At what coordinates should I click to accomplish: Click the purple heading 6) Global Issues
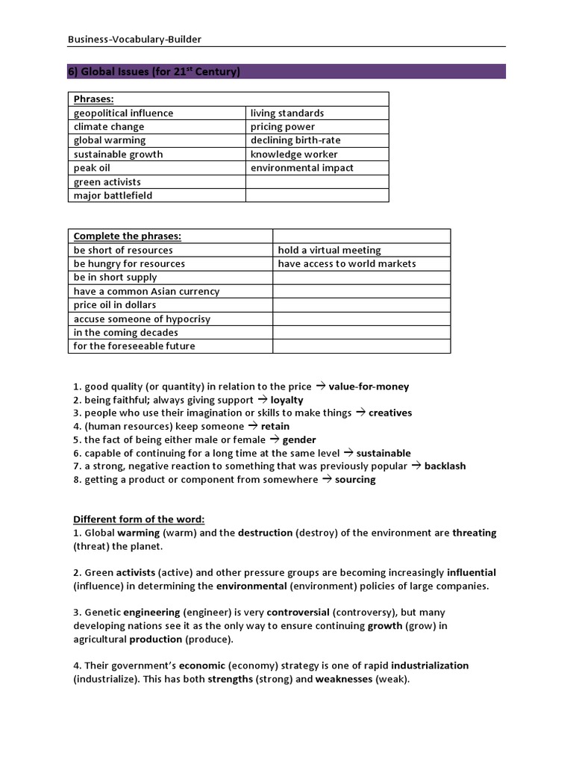pyautogui.click(x=154, y=72)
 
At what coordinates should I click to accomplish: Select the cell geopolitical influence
pyautogui.click(x=123, y=113)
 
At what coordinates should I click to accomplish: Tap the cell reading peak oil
pyautogui.click(x=92, y=168)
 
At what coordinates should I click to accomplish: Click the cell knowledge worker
pyautogui.click(x=294, y=154)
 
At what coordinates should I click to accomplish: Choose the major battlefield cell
pyautogui.click(x=113, y=195)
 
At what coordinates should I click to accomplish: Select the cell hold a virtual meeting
pyautogui.click(x=329, y=250)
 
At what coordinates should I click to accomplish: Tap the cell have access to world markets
pyautogui.click(x=347, y=263)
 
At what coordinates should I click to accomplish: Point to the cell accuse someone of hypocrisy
pyautogui.click(x=142, y=319)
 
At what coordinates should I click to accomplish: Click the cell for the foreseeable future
pyautogui.click(x=134, y=346)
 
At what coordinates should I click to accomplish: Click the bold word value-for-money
pyautogui.click(x=369, y=386)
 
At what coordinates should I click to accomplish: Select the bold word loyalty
pyautogui.click(x=286, y=400)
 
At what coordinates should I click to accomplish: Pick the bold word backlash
pyautogui.click(x=445, y=466)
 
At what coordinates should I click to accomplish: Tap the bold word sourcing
pyautogui.click(x=355, y=480)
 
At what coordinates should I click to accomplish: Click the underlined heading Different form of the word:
pyautogui.click(x=139, y=519)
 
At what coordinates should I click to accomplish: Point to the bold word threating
pyautogui.click(x=474, y=533)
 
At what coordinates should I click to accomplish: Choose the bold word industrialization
pyautogui.click(x=430, y=666)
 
